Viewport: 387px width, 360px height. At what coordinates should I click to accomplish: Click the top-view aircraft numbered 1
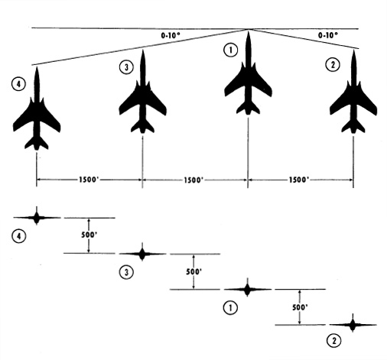coord(248,84)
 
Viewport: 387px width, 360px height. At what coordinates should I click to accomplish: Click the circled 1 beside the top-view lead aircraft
coord(231,50)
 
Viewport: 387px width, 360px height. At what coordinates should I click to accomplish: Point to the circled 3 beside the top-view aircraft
coord(126,67)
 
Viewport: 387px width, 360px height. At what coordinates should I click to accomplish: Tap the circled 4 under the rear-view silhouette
coord(19,236)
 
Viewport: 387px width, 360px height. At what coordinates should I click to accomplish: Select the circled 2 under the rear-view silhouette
coord(333,340)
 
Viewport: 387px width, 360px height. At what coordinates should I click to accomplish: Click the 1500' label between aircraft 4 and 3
coord(89,180)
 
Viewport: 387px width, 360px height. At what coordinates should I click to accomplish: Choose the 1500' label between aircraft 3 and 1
coord(193,180)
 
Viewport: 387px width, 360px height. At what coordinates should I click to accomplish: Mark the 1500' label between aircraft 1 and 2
coord(299,180)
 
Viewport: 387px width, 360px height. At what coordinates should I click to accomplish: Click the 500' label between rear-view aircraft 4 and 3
coord(89,235)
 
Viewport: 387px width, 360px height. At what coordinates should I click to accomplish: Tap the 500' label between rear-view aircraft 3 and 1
coord(194,271)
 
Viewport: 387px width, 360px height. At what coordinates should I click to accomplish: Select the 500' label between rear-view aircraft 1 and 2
coord(300,307)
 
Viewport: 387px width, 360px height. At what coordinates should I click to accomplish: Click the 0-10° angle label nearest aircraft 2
coord(328,35)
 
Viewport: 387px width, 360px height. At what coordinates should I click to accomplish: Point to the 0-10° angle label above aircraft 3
coord(171,35)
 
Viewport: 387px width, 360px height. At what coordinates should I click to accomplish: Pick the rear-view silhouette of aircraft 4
coord(37,218)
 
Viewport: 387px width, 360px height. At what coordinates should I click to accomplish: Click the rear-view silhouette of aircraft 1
coord(247,290)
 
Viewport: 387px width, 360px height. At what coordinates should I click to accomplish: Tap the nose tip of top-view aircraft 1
coord(249,31)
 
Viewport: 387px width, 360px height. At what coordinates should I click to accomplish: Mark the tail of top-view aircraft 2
coord(353,127)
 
